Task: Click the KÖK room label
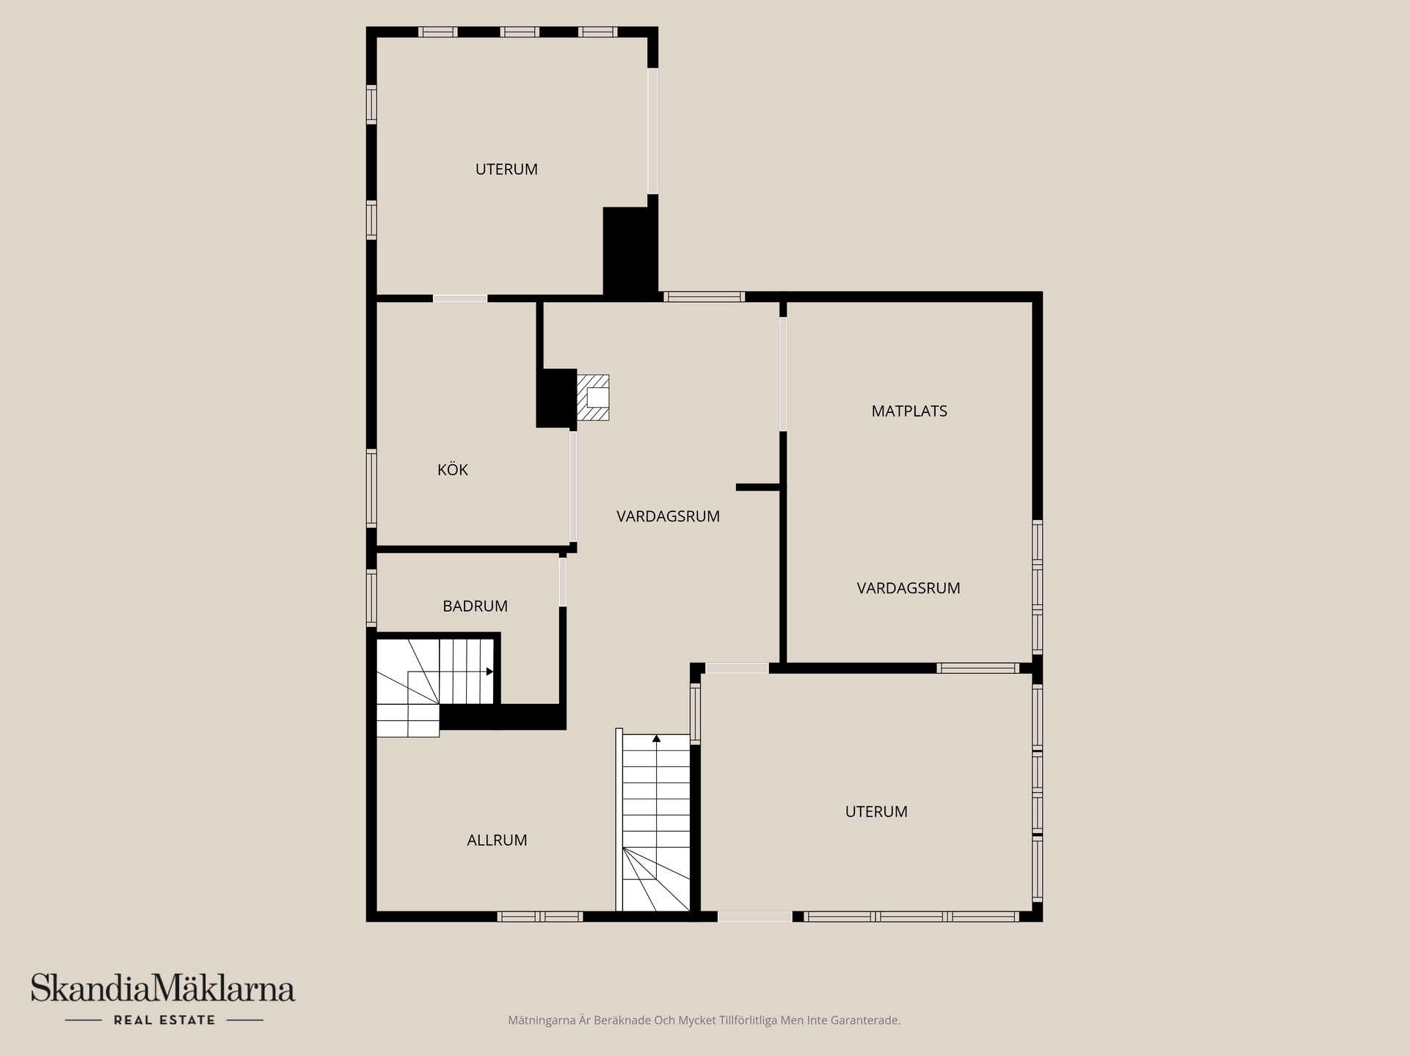click(x=452, y=470)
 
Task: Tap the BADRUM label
click(x=475, y=606)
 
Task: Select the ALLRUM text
click(x=497, y=840)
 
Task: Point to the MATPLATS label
click(x=909, y=411)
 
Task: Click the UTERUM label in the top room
click(x=506, y=169)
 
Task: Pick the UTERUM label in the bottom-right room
click(x=876, y=812)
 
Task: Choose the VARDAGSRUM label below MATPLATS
click(x=909, y=588)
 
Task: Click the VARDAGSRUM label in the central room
click(x=668, y=516)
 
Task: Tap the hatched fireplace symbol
click(x=593, y=397)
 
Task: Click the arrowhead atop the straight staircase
click(x=656, y=738)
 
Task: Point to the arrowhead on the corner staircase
click(x=489, y=671)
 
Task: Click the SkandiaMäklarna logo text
click(x=163, y=989)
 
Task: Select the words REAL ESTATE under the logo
click(x=164, y=1020)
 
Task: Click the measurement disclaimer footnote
click(x=704, y=1020)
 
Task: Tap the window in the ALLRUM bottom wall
click(x=540, y=916)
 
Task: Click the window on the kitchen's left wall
click(x=371, y=488)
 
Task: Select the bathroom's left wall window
click(x=371, y=598)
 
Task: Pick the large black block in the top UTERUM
click(x=629, y=251)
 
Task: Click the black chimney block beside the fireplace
click(x=556, y=397)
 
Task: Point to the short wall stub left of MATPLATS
click(x=757, y=487)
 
